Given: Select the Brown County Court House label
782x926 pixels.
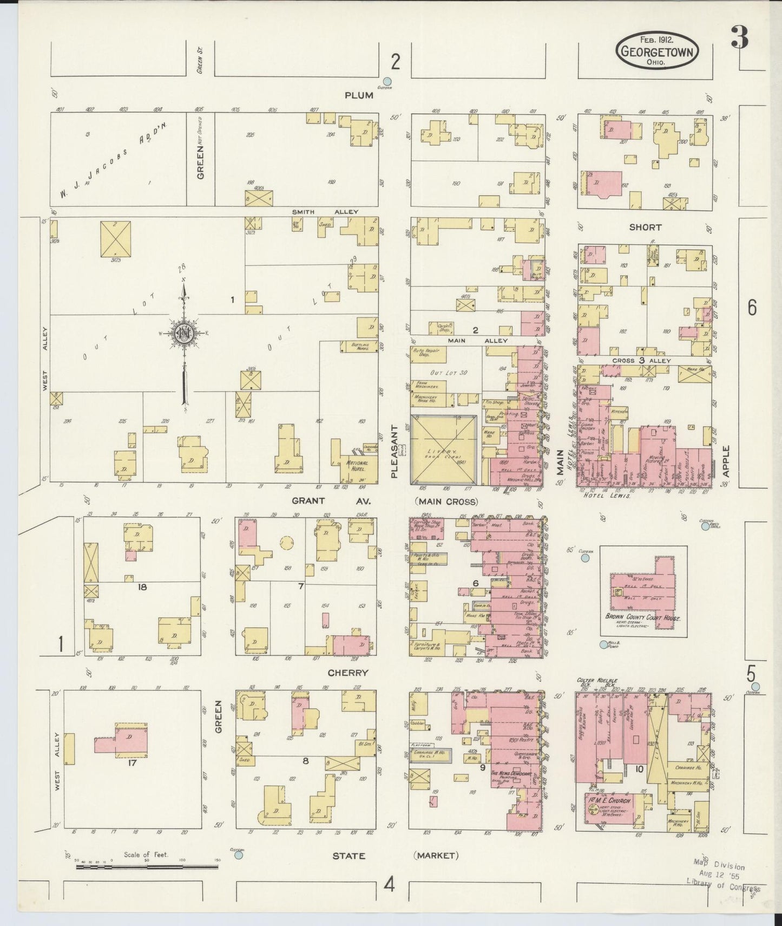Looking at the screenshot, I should [x=643, y=618].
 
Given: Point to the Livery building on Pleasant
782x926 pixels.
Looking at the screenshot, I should [x=444, y=450].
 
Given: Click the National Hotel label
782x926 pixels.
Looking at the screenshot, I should [x=357, y=466].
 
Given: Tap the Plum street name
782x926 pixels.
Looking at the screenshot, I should [x=359, y=95].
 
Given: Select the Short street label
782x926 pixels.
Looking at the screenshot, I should [x=645, y=227].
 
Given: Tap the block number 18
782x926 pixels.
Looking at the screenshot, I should [x=142, y=586].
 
